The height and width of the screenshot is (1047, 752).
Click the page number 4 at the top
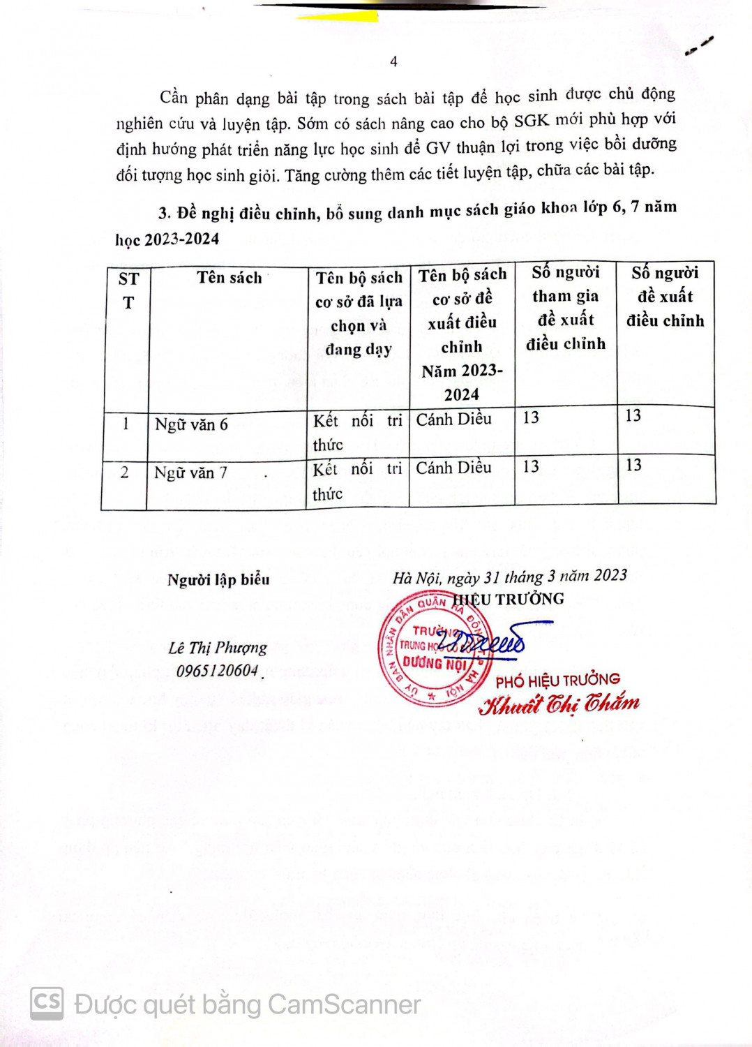[393, 61]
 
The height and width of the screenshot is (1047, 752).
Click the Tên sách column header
[229, 278]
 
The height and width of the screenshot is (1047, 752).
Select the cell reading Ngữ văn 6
[191, 424]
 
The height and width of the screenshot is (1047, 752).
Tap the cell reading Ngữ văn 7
[190, 473]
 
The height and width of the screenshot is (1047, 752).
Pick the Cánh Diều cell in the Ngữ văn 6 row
[453, 419]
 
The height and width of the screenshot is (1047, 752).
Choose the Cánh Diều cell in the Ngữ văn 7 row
[453, 468]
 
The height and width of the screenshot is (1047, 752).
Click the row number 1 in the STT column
[126, 424]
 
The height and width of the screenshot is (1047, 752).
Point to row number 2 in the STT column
[124, 473]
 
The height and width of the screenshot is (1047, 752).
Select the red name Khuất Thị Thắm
[559, 704]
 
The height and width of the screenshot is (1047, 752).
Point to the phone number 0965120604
[217, 671]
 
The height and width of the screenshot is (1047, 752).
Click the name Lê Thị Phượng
[218, 648]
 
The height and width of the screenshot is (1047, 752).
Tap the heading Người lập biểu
[218, 579]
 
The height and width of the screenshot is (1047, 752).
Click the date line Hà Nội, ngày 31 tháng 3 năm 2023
[509, 577]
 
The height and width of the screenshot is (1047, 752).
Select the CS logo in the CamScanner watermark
[47, 1003]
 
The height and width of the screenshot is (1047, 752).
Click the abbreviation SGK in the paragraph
[531, 121]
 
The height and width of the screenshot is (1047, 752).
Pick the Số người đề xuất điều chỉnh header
[665, 297]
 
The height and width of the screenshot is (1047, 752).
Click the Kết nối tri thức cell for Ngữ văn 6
[357, 432]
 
